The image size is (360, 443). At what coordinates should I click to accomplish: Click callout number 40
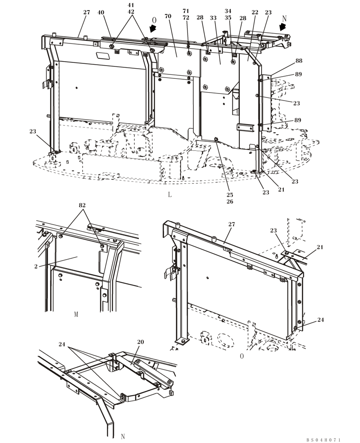pos(101,12)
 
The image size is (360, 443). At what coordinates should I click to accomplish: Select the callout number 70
pos(168,16)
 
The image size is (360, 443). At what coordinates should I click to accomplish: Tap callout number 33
pos(213,18)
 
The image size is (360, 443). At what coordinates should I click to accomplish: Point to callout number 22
pos(254,12)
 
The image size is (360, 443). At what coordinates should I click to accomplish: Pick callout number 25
pos(230,194)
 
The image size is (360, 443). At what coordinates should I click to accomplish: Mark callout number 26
pos(230,202)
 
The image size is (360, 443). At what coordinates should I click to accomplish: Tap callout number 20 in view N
pos(141,342)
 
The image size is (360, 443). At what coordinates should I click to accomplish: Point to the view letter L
pos(169,194)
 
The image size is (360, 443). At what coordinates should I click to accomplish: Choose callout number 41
pos(131,5)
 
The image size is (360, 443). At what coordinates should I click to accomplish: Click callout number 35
pos(228,18)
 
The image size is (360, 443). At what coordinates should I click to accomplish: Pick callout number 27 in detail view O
pos(231,225)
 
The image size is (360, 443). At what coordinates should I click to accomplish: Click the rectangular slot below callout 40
pos(103,55)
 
